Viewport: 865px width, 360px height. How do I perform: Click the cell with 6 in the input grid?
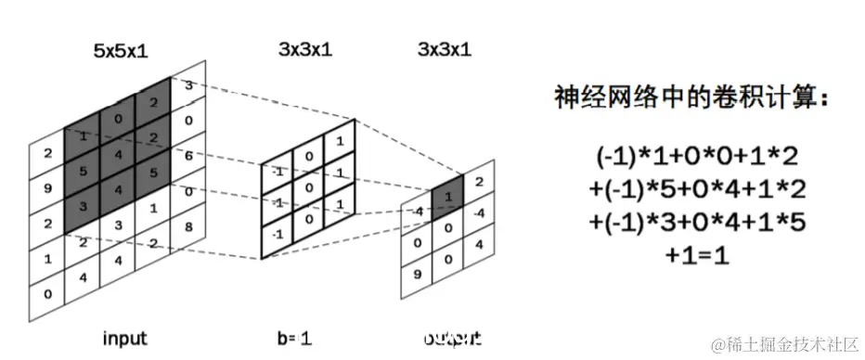pyautogui.click(x=188, y=157)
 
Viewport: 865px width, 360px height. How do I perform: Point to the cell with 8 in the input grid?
pyautogui.click(x=188, y=225)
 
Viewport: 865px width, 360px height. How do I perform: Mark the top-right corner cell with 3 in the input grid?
pyautogui.click(x=188, y=86)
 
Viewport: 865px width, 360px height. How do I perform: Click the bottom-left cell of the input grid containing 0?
pyautogui.click(x=46, y=293)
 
